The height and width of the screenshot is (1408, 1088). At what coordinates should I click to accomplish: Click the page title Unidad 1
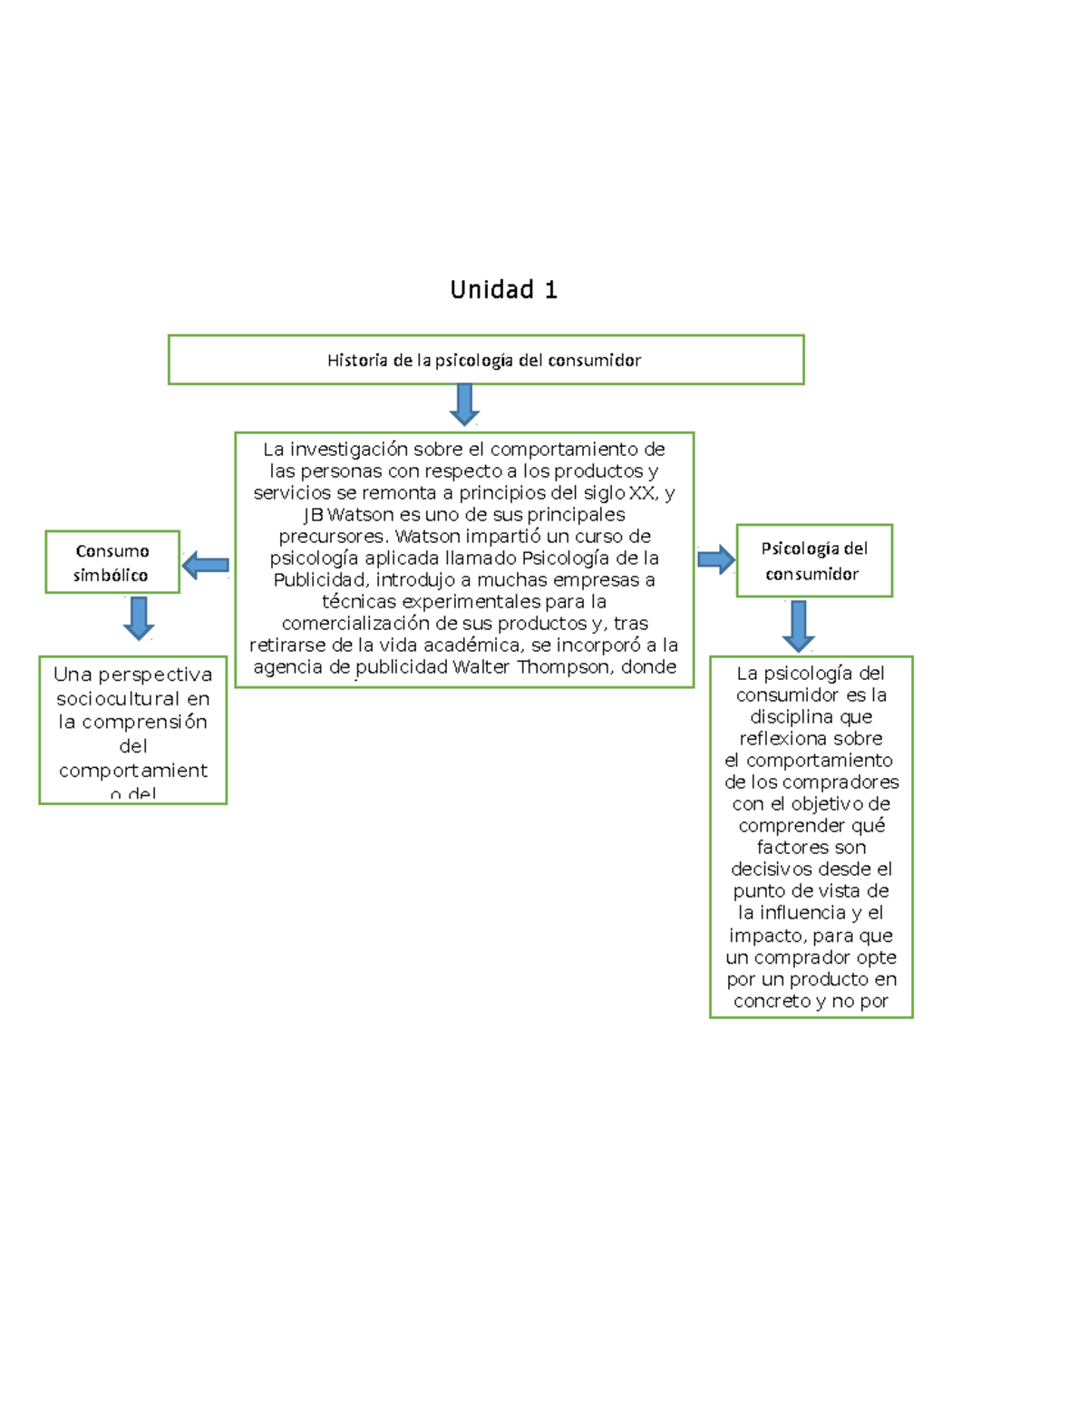tap(503, 290)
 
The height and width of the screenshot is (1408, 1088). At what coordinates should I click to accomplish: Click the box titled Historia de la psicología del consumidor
tap(485, 360)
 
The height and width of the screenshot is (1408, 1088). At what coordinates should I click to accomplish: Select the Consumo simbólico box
tap(112, 562)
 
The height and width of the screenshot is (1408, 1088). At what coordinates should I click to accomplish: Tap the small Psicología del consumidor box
tap(814, 560)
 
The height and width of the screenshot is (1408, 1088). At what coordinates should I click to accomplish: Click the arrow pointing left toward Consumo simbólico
tap(205, 566)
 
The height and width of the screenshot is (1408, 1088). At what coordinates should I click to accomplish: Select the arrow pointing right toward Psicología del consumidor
tap(716, 559)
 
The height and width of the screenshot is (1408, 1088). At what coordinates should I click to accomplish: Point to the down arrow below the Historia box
tap(464, 404)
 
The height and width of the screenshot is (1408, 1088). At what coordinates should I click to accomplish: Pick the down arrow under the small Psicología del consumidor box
tap(798, 626)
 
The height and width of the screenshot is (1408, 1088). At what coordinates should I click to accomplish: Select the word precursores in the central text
tap(332, 537)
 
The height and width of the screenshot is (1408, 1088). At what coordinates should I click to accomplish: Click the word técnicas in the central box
tap(355, 602)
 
